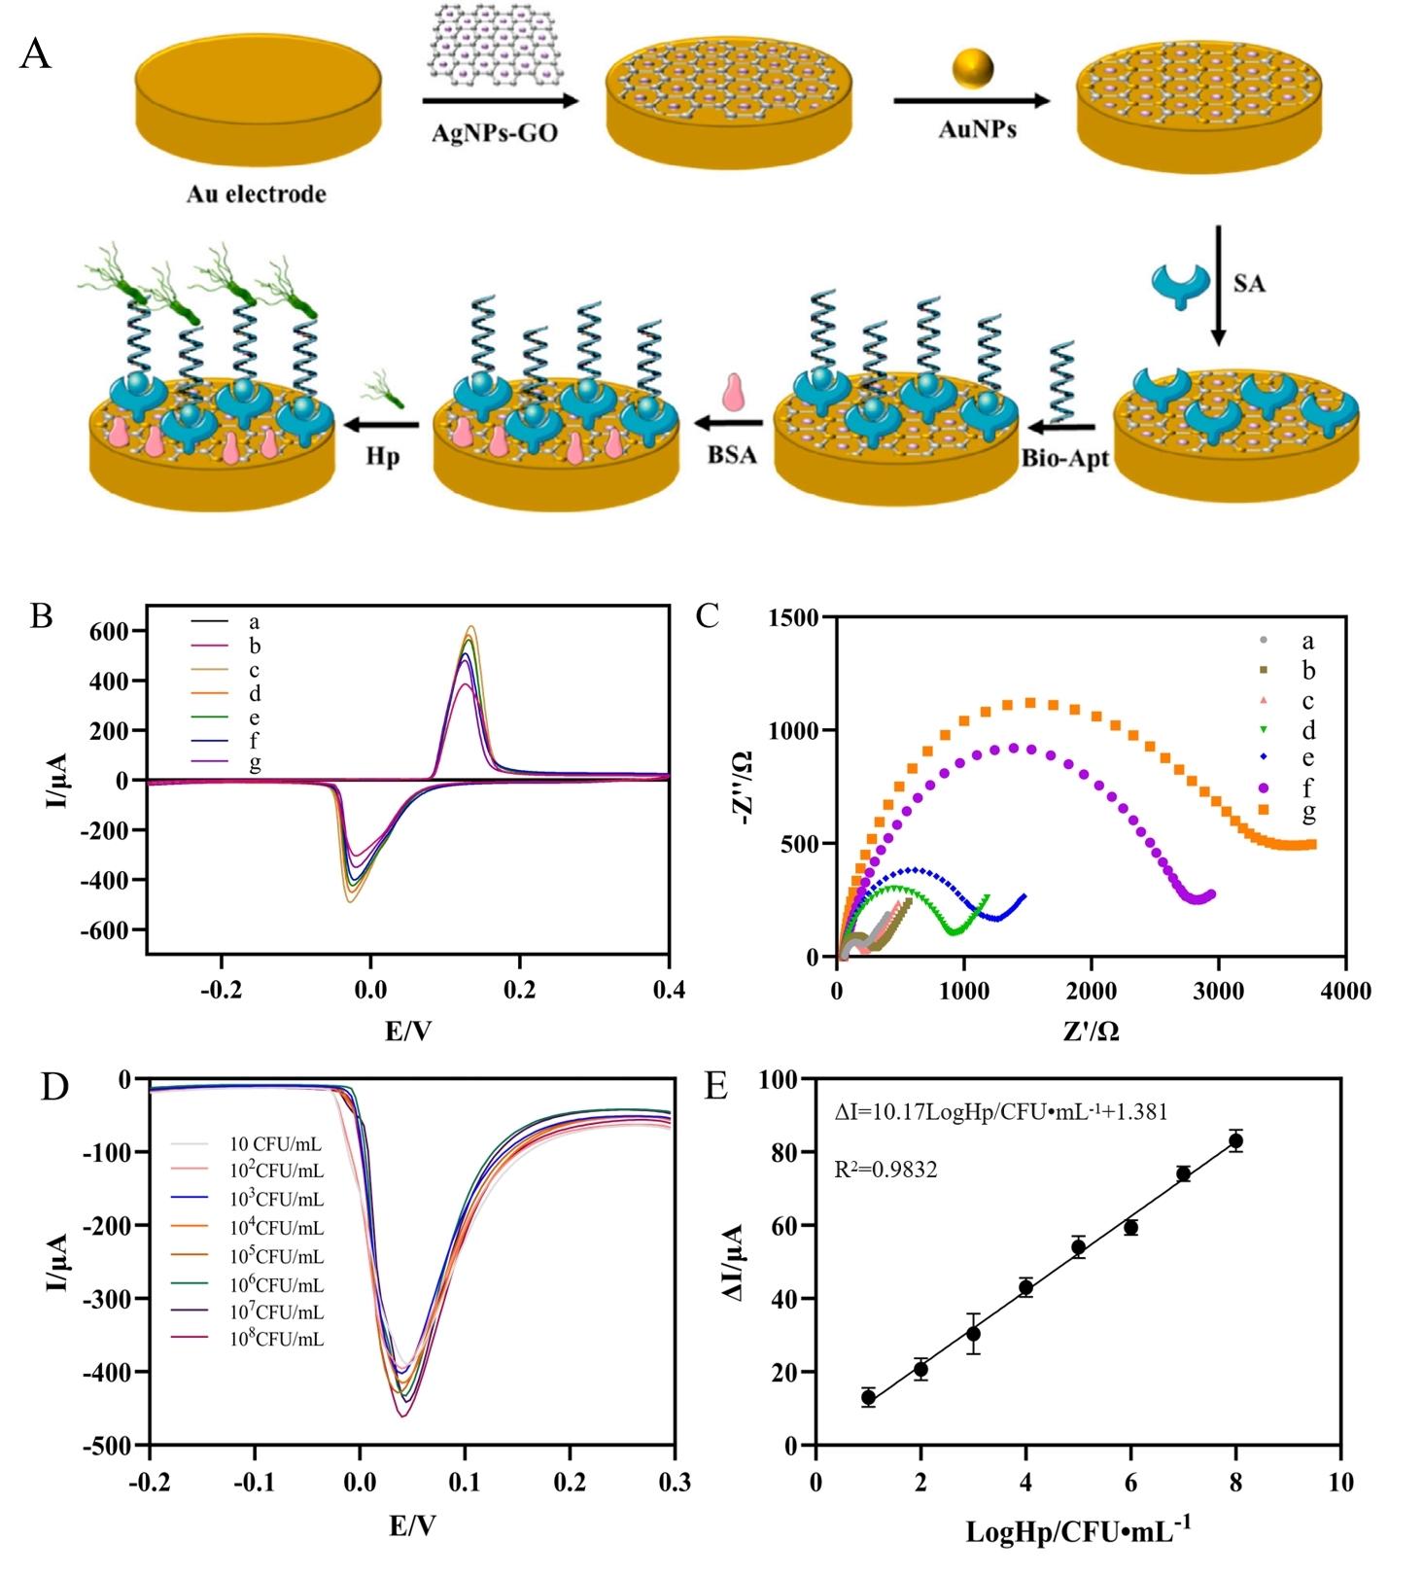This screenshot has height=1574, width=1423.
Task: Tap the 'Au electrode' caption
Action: click(256, 194)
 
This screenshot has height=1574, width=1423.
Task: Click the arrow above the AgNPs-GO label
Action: click(500, 100)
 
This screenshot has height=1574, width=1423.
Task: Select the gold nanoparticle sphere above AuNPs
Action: click(973, 68)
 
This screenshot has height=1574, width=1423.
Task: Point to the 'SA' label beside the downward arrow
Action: click(1249, 284)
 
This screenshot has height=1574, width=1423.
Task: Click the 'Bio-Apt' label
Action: click(1064, 458)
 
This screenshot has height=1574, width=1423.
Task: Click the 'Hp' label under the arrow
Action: click(383, 455)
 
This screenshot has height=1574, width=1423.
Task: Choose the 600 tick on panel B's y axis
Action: click(109, 632)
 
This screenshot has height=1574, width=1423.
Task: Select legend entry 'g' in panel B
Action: click(255, 764)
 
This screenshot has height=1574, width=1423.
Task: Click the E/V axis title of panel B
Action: click(408, 1031)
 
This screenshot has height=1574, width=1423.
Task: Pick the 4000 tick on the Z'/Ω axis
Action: click(1345, 991)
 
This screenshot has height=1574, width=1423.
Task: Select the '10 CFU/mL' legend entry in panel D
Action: click(276, 1144)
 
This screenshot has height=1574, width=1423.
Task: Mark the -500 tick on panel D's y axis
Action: click(109, 1446)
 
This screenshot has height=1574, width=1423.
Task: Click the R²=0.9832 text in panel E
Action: click(885, 1170)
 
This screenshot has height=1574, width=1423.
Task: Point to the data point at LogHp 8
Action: click(1235, 1141)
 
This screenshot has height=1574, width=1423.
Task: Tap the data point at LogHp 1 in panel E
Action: click(868, 1398)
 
